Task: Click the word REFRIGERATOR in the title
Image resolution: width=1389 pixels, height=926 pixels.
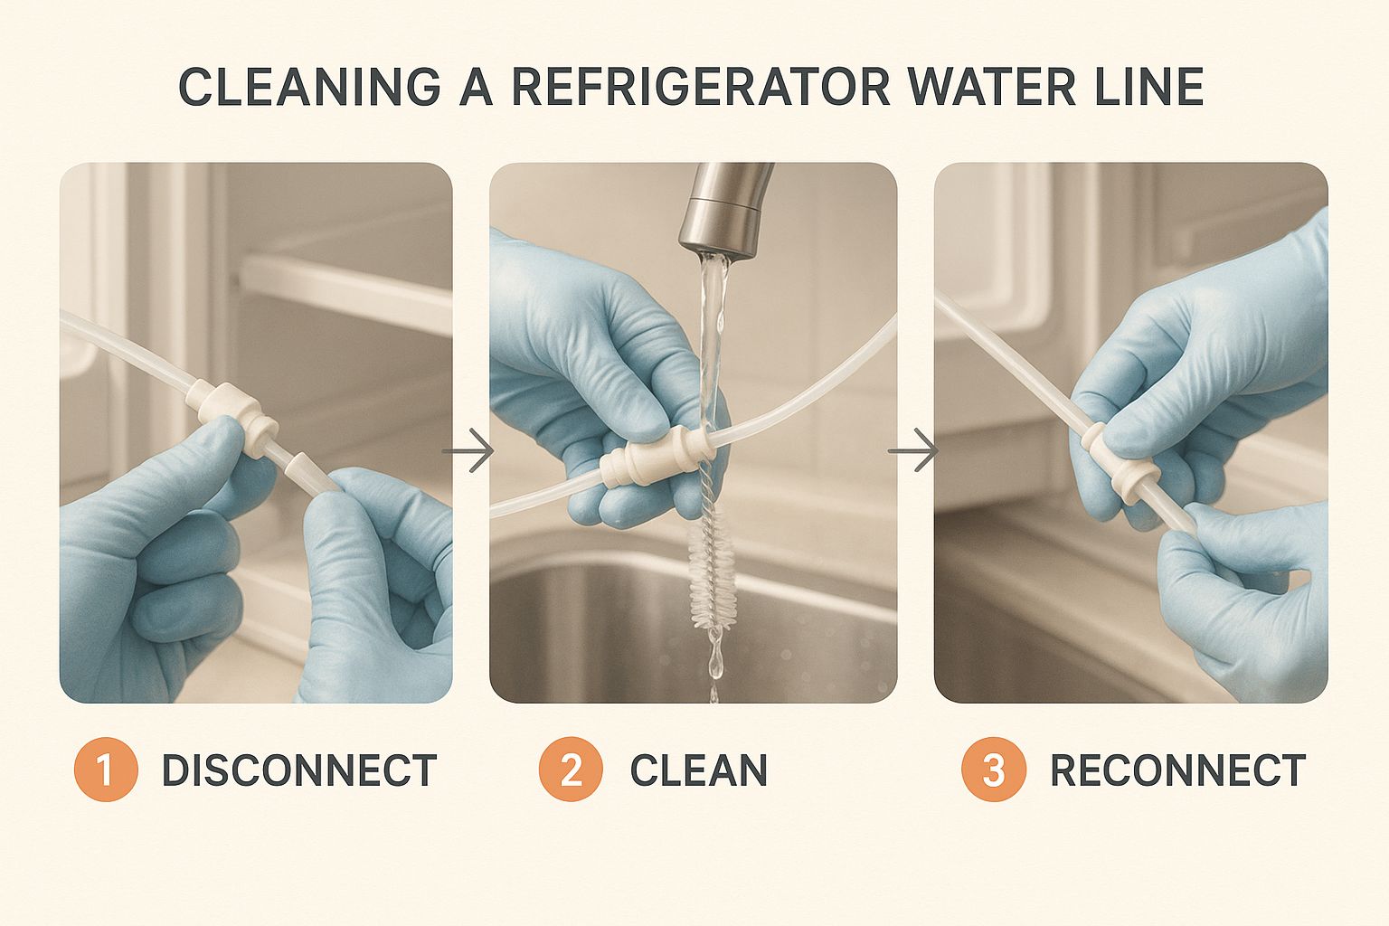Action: pos(702,87)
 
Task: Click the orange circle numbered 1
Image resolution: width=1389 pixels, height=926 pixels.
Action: pos(105,770)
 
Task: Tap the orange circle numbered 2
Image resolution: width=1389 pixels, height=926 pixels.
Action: pos(571,770)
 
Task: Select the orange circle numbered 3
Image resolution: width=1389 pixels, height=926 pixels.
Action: pos(993,770)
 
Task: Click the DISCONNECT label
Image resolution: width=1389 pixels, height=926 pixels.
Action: pos(298,770)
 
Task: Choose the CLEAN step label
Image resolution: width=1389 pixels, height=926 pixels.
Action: pos(698,770)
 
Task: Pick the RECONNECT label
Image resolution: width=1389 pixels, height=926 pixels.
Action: pos(1177,770)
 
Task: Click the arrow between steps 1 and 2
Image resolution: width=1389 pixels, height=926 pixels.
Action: pos(468,449)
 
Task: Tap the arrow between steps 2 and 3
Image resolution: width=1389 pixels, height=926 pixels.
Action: pos(913,449)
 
